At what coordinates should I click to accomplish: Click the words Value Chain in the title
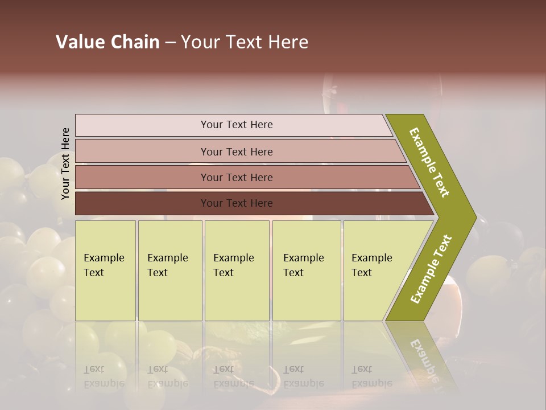click(107, 42)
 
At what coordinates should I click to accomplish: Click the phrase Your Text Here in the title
click(245, 42)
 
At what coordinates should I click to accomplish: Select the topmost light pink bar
click(233, 125)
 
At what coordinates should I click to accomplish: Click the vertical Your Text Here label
click(65, 164)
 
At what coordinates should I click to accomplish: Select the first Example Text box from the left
click(105, 270)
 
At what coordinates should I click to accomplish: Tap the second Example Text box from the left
click(169, 270)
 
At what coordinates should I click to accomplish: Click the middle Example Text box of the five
click(237, 270)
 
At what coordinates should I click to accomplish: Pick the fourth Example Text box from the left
click(307, 270)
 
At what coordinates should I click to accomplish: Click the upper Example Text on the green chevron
click(429, 162)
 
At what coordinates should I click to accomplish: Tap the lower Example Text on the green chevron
click(431, 269)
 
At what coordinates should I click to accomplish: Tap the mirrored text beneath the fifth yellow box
click(371, 376)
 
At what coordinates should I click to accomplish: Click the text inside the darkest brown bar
click(237, 203)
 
